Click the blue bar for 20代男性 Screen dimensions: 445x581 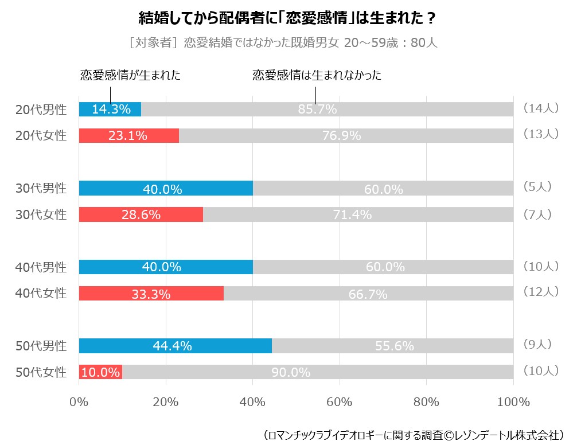(x=110, y=109)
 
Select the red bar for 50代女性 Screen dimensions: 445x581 (x=100, y=372)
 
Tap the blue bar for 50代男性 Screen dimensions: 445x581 (x=175, y=346)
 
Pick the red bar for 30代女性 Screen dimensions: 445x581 (x=141, y=214)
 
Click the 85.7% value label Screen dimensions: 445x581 (x=317, y=110)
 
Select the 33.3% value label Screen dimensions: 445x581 (x=151, y=294)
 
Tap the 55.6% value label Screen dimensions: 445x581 (x=394, y=346)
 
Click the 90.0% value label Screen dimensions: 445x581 (x=291, y=373)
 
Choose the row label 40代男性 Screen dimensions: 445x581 (x=41, y=267)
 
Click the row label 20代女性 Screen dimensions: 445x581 (x=41, y=136)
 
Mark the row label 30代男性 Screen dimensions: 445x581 (x=41, y=188)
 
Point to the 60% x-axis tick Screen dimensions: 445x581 (x=340, y=402)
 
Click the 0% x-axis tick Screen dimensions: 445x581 (x=79, y=402)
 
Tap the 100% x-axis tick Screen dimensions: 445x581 (x=513, y=402)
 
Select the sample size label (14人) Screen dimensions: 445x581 (x=541, y=108)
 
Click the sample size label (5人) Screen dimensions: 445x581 (x=537, y=186)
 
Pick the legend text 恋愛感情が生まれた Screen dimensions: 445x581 (x=130, y=75)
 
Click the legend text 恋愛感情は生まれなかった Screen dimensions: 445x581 (x=317, y=75)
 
